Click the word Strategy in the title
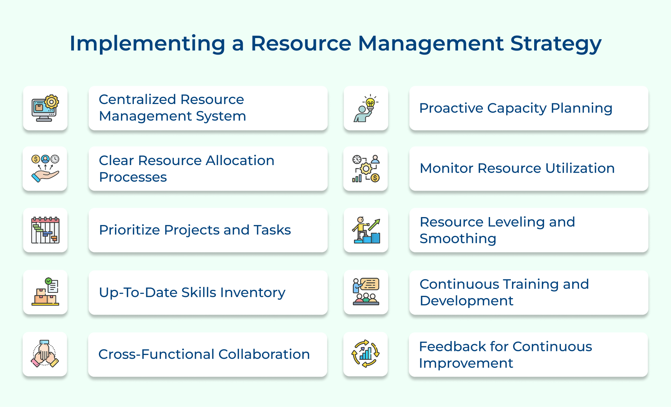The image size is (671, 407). [x=556, y=44]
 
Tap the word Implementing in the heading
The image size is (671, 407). [x=147, y=44]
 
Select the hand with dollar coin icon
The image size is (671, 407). [x=45, y=168]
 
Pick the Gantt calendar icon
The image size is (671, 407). [x=45, y=230]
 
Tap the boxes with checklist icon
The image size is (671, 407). [x=45, y=292]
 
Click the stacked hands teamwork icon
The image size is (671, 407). [x=45, y=353]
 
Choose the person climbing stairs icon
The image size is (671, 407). [x=366, y=230]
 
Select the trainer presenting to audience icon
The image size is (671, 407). [x=366, y=292]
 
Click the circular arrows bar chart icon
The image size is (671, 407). [x=366, y=353]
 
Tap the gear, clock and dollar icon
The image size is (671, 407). [x=366, y=168]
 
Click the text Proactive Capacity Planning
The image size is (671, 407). [x=516, y=109]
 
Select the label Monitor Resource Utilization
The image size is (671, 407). [x=517, y=168]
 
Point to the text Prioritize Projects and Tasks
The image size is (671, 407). [x=195, y=230]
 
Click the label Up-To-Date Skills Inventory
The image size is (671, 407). [x=192, y=292]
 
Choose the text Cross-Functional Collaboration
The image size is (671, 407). [x=204, y=354]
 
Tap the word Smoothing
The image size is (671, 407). [x=458, y=239]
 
